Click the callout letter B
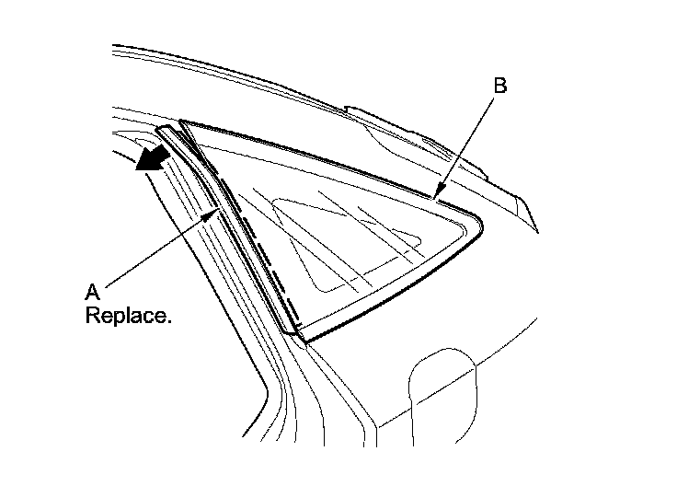[x=499, y=86]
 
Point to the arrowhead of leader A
[x=217, y=209]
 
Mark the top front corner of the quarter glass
[x=183, y=122]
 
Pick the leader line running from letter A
[x=156, y=249]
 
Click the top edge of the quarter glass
[x=313, y=156]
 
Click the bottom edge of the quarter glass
[x=396, y=285]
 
